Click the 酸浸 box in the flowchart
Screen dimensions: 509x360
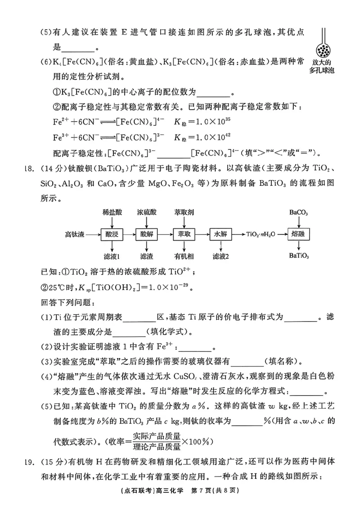111,234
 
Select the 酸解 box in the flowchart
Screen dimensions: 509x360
147,234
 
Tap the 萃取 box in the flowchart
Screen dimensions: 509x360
184,234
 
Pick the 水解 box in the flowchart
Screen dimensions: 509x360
220,234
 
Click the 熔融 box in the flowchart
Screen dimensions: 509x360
299,234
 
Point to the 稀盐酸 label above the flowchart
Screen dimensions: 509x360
111,212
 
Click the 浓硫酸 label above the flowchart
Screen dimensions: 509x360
147,212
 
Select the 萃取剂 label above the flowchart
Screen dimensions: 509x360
184,212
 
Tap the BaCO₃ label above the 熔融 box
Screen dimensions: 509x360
299,212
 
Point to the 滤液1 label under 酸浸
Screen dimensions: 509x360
111,256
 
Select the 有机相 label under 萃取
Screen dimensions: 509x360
184,256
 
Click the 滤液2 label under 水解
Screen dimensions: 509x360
221,256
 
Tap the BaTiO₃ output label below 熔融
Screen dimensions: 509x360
299,256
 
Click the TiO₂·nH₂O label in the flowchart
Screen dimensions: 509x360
261,234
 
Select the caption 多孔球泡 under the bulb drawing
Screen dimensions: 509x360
323,71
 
